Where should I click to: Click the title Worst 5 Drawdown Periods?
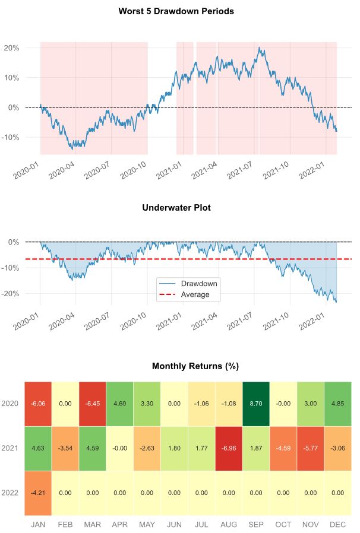pyautogui.click(x=176, y=11)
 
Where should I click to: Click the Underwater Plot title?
pyautogui.click(x=176, y=208)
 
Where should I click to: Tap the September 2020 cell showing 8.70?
pyautogui.click(x=256, y=404)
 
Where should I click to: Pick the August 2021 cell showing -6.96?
pyautogui.click(x=229, y=449)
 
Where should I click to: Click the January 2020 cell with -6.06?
pyautogui.click(x=37, y=404)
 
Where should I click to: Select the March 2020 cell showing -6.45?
pyautogui.click(x=92, y=404)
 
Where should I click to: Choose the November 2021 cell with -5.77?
pyautogui.click(x=311, y=449)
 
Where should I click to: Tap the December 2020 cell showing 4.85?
pyautogui.click(x=338, y=404)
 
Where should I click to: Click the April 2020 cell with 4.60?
pyautogui.click(x=119, y=404)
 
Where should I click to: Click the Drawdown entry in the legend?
pyautogui.click(x=198, y=284)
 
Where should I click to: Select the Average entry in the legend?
pyautogui.click(x=195, y=294)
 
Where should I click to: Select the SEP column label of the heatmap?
pyautogui.click(x=256, y=525)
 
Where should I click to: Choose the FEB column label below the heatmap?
pyautogui.click(x=65, y=525)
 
